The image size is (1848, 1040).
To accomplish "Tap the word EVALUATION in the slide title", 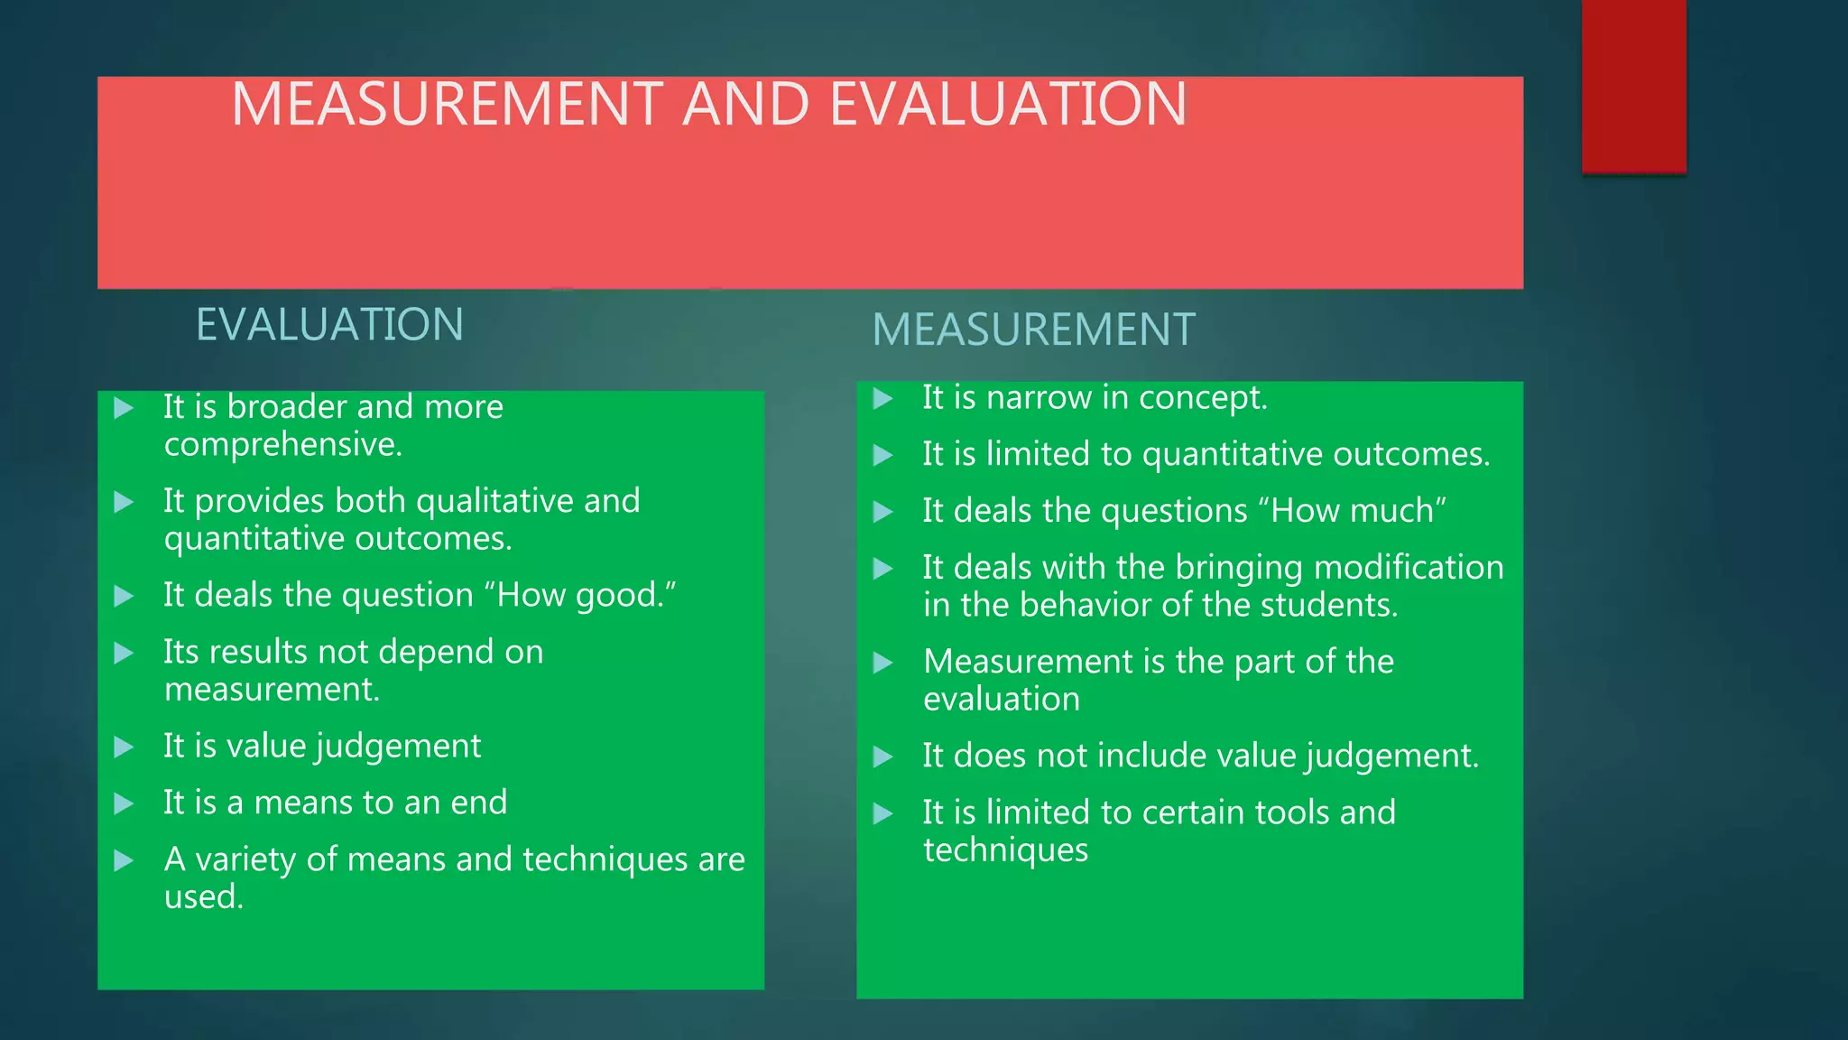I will pyautogui.click(x=1008, y=104).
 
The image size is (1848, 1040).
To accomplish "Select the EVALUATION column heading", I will pyautogui.click(x=329, y=325).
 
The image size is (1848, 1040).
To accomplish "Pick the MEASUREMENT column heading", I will pyautogui.click(x=1033, y=330).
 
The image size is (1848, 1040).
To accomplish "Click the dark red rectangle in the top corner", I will pyautogui.click(x=1633, y=86).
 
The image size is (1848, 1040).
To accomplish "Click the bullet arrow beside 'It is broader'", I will pyautogui.click(x=125, y=408).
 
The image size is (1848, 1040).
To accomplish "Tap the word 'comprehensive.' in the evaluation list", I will pyautogui.click(x=283, y=444).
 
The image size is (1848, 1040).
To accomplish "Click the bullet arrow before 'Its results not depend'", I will pyautogui.click(x=125, y=653).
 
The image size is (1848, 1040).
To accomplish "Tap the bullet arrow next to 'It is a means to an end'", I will pyautogui.click(x=125, y=803).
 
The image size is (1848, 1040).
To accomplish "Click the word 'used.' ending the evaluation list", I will pyautogui.click(x=204, y=897).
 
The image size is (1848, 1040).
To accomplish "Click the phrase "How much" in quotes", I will pyautogui.click(x=1358, y=511).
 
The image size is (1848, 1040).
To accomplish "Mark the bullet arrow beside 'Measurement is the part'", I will pyautogui.click(x=883, y=664).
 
